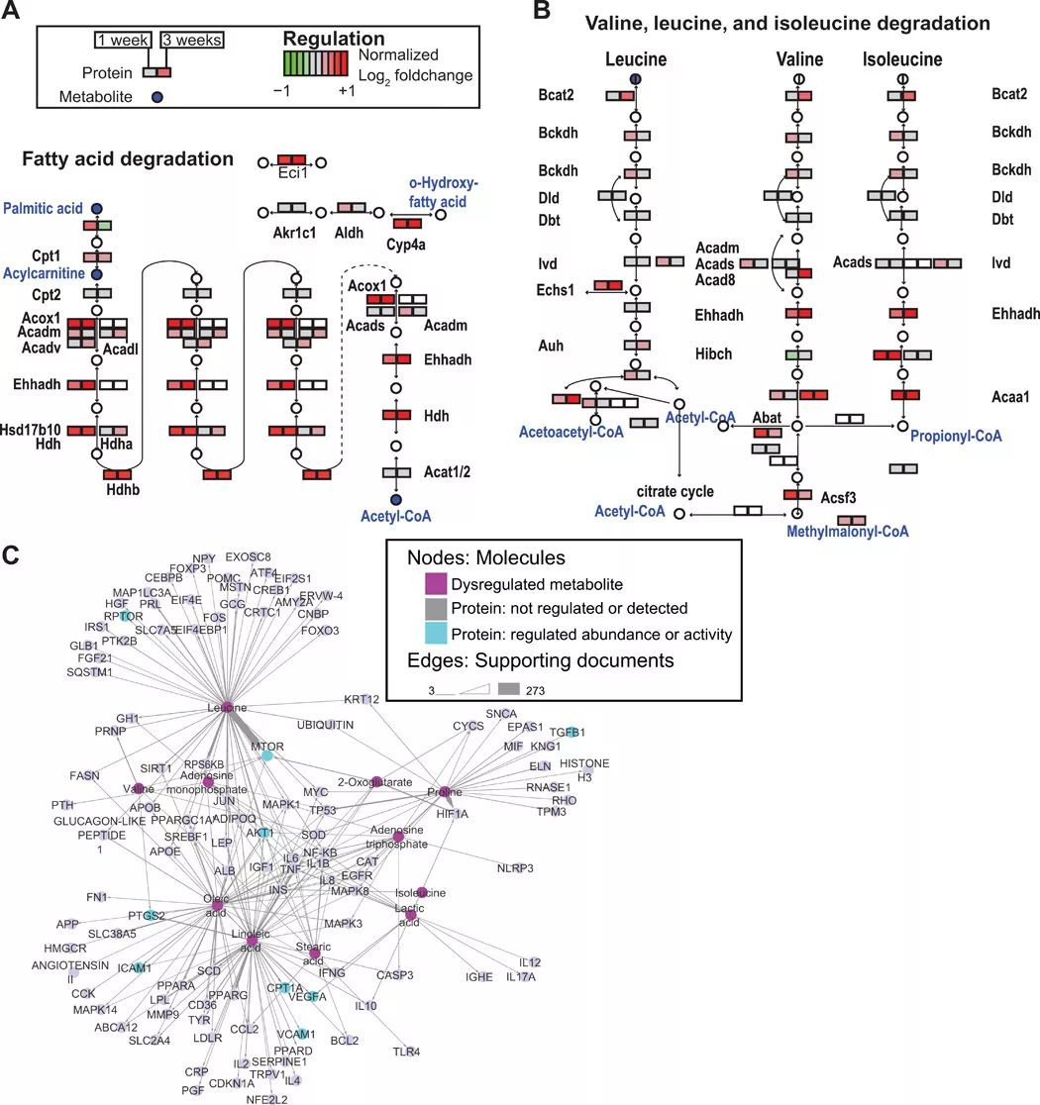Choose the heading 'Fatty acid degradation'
point(128,158)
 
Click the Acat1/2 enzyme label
point(447,473)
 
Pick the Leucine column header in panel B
point(635,60)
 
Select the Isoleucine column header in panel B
point(901,60)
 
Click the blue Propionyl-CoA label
point(956,436)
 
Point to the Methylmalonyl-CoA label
point(847,532)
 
